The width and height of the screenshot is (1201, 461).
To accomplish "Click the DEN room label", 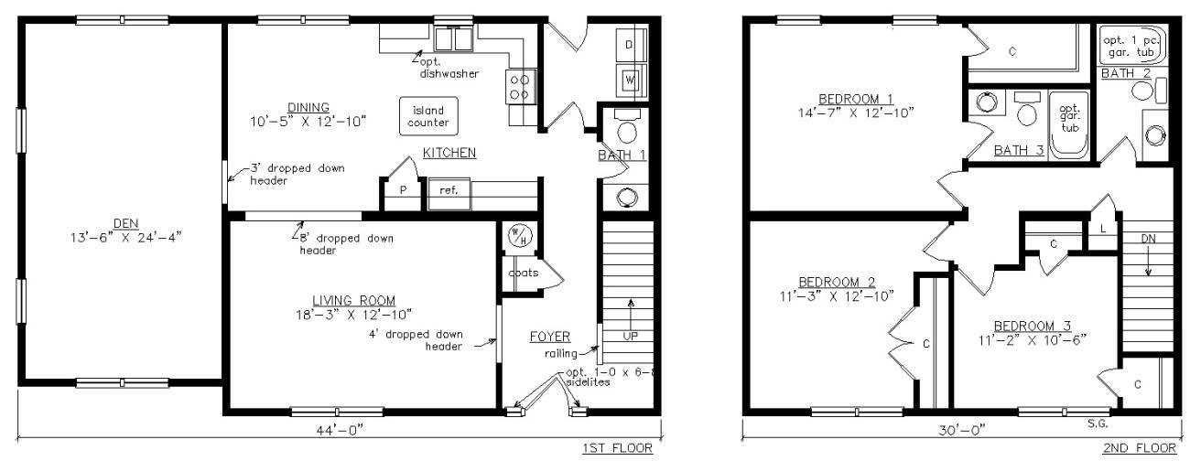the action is [x=126, y=223].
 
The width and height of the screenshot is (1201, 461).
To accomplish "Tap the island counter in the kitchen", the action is [x=428, y=116].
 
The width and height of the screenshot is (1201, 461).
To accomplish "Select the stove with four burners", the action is [x=520, y=88].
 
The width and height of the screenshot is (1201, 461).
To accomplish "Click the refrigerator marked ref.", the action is [x=449, y=194].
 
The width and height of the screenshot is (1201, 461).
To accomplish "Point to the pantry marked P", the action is [x=403, y=189].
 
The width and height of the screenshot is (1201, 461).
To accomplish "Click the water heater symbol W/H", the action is [x=518, y=236].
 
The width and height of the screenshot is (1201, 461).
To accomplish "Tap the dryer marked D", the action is [x=631, y=45].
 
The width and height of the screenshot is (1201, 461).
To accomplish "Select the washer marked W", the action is [x=631, y=80].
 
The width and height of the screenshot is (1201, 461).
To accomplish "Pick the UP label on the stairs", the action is [x=631, y=336].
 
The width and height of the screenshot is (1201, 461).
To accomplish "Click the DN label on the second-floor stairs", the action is [x=1148, y=239].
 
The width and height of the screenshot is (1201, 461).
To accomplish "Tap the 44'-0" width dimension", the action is [x=340, y=429].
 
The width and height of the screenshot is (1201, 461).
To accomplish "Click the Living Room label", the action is [x=354, y=301].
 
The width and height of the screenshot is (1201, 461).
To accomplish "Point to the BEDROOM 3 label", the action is [x=1033, y=326].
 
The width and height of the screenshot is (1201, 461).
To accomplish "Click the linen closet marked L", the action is [x=1103, y=229].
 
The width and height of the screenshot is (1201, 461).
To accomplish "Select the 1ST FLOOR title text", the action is [x=617, y=448].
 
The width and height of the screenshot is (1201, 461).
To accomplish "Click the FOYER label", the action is [x=550, y=337].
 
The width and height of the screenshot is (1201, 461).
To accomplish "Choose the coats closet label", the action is [x=524, y=273].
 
